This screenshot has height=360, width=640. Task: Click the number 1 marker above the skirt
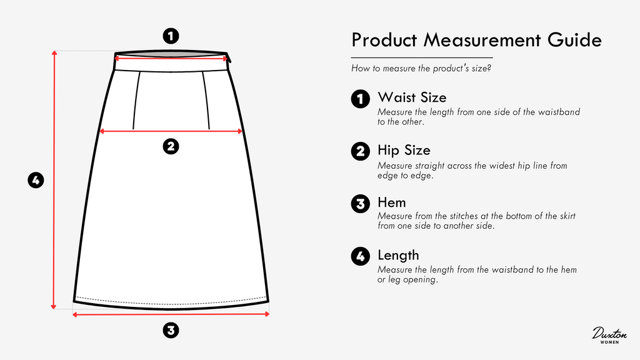click(x=171, y=36)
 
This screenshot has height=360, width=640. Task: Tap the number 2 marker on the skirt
click(x=171, y=146)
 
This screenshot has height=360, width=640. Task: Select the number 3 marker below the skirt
click(x=171, y=330)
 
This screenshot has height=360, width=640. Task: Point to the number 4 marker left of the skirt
click(x=36, y=180)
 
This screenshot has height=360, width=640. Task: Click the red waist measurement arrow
click(x=171, y=58)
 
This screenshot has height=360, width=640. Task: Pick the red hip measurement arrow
click(x=171, y=131)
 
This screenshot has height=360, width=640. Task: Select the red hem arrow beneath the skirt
click(x=171, y=314)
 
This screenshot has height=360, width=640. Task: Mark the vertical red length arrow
click(x=54, y=179)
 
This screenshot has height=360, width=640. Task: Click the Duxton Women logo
click(x=609, y=335)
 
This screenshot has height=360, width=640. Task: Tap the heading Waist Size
click(x=412, y=97)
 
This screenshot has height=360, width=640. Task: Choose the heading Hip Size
click(x=404, y=150)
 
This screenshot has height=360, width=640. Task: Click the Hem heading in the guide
click(x=391, y=202)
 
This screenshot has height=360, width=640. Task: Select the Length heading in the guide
click(x=398, y=255)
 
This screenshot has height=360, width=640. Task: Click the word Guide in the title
click(x=574, y=40)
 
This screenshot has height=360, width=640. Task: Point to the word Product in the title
click(x=384, y=40)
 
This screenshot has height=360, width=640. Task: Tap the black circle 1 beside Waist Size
click(x=361, y=99)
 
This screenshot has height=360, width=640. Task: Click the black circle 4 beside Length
click(x=361, y=256)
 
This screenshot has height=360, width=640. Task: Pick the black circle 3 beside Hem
click(x=361, y=204)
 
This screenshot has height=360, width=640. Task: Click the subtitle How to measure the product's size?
click(x=421, y=68)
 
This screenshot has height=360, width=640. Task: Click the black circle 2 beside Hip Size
click(x=361, y=151)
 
